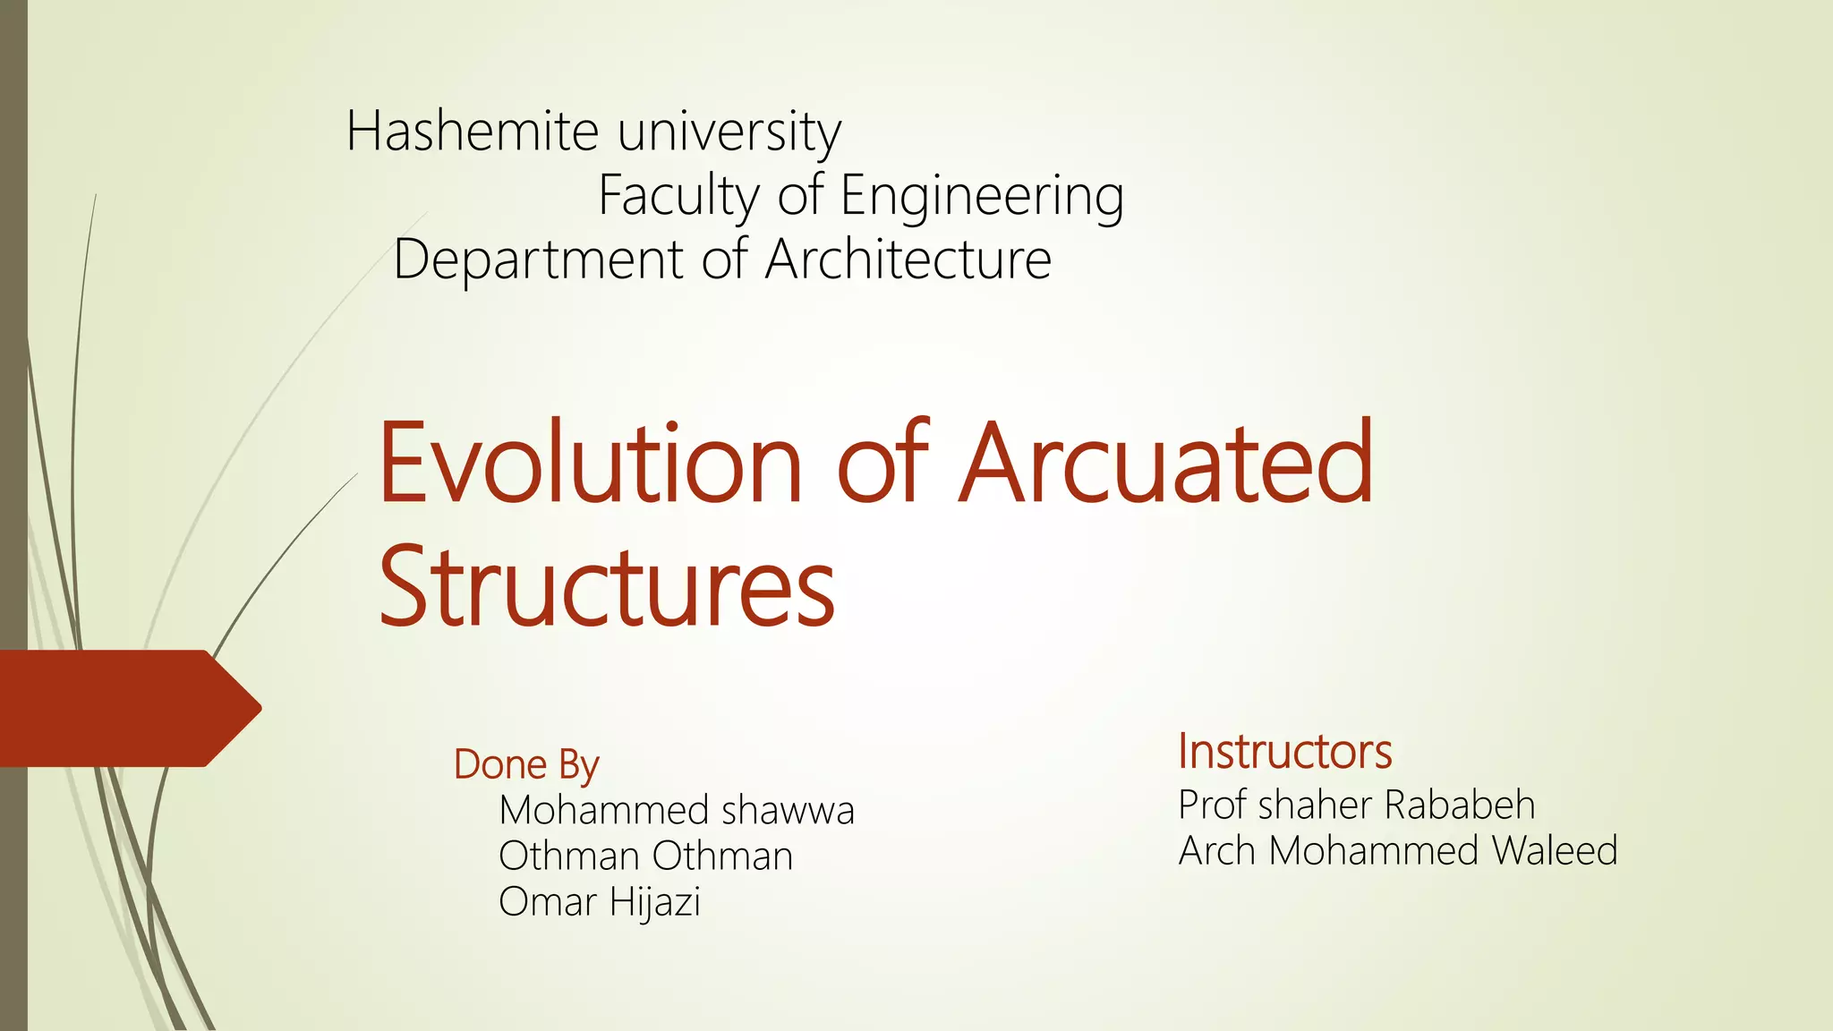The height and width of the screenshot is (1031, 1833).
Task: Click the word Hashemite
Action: [x=472, y=131]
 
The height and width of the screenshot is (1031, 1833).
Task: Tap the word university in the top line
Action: [x=729, y=132]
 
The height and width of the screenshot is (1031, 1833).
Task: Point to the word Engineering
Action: [x=982, y=197]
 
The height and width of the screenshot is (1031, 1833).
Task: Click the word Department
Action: [x=537, y=260]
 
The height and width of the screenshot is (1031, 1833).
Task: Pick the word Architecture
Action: [x=908, y=260]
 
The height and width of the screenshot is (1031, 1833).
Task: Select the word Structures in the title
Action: [x=607, y=585]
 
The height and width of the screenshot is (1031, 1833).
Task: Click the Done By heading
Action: [x=526, y=765]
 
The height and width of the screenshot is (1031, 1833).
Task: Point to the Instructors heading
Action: [x=1284, y=751]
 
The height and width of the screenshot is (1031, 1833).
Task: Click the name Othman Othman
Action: [x=645, y=856]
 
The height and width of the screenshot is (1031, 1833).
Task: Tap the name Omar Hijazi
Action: [x=599, y=902]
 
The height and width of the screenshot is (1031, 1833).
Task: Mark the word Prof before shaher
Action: [x=1213, y=805]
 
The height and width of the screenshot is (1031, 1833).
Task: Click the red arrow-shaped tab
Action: [x=125, y=708]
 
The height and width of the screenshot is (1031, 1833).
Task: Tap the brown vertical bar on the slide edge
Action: [x=13, y=358]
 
